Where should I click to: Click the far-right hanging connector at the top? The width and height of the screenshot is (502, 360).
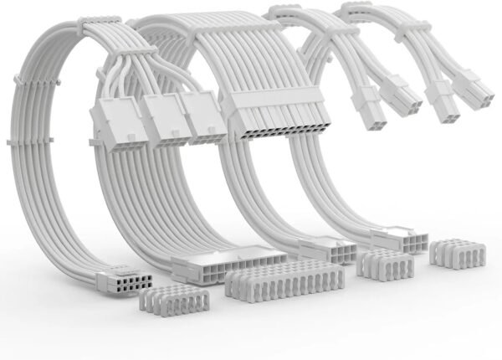click(x=470, y=90)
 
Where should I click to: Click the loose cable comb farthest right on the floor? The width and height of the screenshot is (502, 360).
click(x=457, y=255)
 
